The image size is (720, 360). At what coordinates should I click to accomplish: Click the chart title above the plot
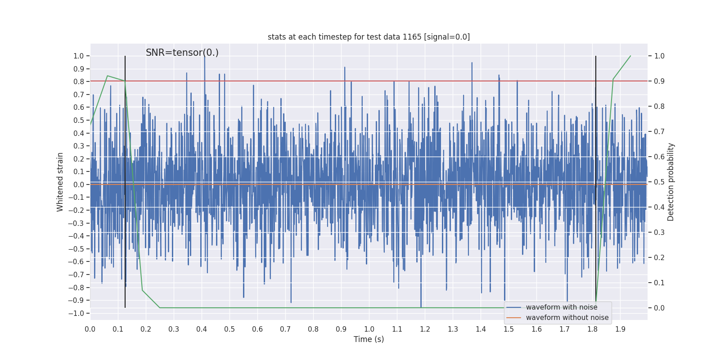[369, 37]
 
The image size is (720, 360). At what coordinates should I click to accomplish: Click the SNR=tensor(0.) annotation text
[182, 53]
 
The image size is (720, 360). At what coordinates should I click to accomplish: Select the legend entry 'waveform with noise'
[562, 307]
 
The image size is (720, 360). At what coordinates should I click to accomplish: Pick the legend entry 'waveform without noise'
[567, 318]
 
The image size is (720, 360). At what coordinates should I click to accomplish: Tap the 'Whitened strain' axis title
[60, 182]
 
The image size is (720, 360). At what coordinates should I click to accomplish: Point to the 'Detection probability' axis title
[671, 182]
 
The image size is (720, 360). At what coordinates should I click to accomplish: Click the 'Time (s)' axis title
[369, 339]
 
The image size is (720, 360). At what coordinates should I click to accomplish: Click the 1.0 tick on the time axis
[369, 329]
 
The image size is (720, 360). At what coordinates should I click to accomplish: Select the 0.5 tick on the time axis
[229, 329]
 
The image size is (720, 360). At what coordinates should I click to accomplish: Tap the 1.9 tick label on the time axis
[620, 329]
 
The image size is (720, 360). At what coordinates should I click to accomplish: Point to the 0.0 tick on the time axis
[90, 329]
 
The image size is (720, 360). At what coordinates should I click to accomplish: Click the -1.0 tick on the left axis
[78, 313]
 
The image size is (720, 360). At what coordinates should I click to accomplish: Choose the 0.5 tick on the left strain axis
[79, 120]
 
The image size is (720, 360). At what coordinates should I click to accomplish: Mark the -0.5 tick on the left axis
[78, 249]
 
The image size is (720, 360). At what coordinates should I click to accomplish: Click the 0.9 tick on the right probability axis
[659, 81]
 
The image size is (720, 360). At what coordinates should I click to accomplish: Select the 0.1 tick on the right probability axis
[659, 283]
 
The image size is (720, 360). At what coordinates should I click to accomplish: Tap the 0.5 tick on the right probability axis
[659, 182]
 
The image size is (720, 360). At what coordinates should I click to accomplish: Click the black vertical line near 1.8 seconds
[596, 135]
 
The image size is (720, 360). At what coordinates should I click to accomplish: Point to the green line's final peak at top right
[630, 56]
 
